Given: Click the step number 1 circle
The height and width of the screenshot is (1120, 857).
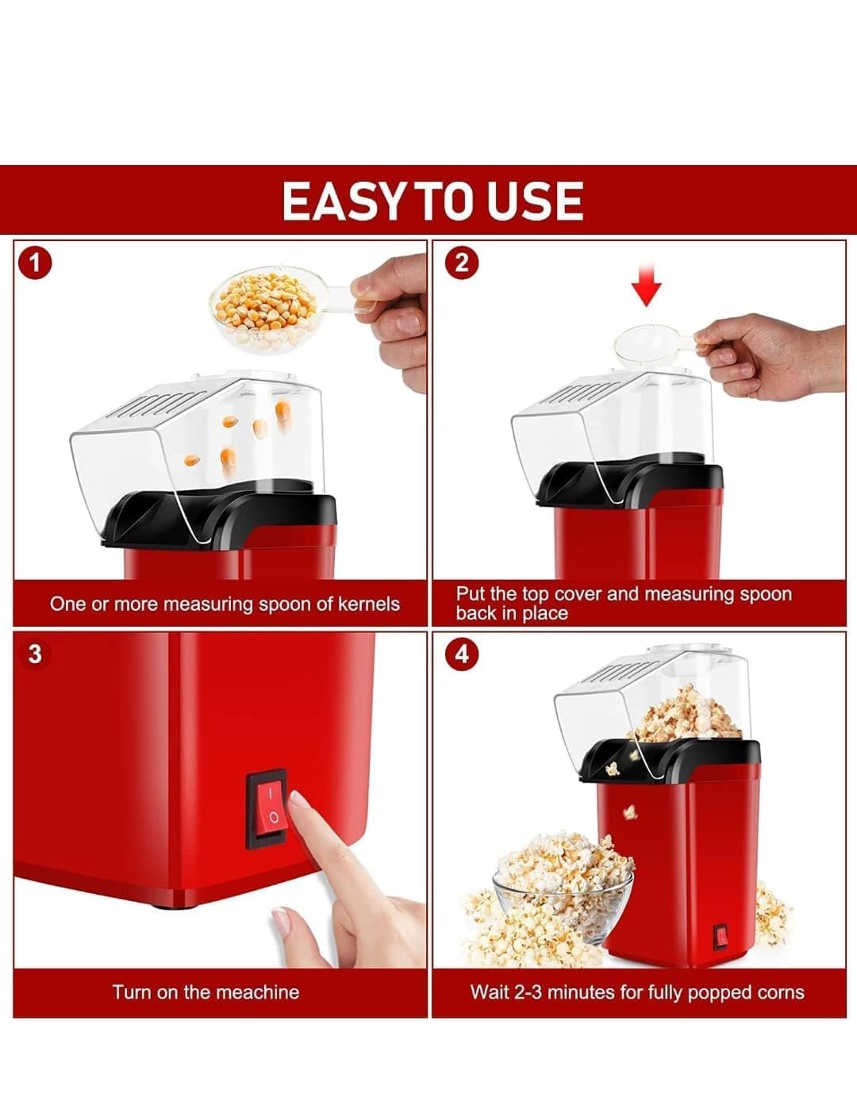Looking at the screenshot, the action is point(35,264).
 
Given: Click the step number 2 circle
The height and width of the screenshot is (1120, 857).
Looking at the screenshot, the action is point(461,264).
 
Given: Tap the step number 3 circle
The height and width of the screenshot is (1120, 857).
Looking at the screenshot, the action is point(35,654).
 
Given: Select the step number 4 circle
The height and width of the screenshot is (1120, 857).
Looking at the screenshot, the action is point(461,654).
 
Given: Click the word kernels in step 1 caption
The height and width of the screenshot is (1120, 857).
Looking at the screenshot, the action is point(369,604).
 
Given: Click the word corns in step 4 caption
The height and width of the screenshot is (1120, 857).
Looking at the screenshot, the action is point(781,993).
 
